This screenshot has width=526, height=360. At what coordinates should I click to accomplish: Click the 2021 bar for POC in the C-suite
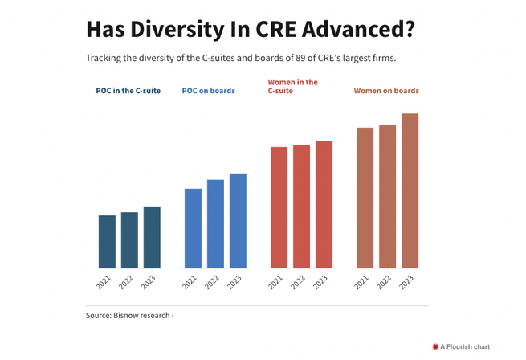[x=107, y=242]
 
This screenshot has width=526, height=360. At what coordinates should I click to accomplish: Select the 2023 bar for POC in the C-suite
[x=152, y=237]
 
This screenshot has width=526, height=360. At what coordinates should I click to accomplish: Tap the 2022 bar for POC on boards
[x=215, y=224]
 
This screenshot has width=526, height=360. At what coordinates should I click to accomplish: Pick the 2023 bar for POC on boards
[x=238, y=221]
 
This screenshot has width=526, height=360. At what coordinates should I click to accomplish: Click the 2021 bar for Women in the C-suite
[x=279, y=207]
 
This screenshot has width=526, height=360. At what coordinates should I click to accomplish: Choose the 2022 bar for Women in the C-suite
[x=302, y=207]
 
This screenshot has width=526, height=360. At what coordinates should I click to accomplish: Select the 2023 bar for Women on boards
[x=410, y=191]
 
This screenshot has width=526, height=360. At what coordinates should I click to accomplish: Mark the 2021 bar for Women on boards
[x=365, y=198]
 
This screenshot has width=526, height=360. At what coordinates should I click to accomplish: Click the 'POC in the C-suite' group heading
[x=128, y=91]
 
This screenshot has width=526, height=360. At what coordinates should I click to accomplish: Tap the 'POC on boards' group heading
[x=208, y=91]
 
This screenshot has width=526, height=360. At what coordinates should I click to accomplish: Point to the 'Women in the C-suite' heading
[x=292, y=86]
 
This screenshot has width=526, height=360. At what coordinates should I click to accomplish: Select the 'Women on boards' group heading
[x=386, y=91]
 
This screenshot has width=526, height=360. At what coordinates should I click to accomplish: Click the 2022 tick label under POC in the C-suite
[x=126, y=282]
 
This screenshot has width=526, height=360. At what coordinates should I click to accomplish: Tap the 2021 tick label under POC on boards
[x=190, y=282]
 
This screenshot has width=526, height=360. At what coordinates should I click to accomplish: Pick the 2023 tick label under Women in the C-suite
[x=320, y=282]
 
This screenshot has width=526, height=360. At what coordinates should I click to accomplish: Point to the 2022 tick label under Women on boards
[x=384, y=282]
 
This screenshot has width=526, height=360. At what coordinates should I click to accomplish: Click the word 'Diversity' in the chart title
[x=177, y=30]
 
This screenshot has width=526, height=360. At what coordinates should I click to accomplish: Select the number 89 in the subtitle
[x=300, y=58]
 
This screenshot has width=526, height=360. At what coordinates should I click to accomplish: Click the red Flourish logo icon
[x=435, y=346]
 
